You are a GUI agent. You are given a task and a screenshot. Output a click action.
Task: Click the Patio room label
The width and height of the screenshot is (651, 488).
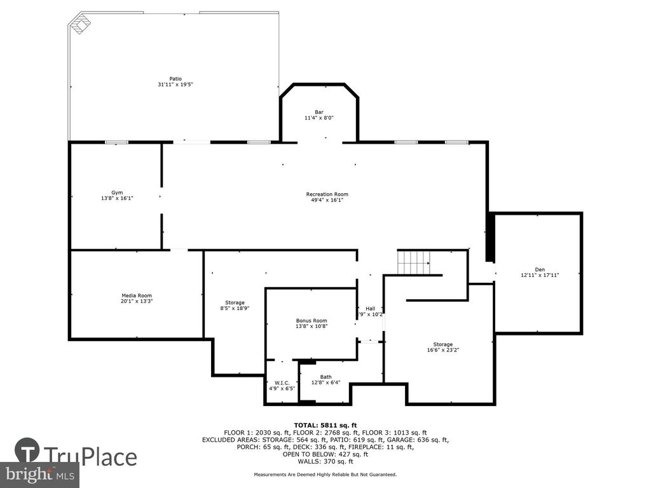pyautogui.click(x=175, y=79)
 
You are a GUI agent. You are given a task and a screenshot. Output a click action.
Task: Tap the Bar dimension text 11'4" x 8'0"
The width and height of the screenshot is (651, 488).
pyautogui.click(x=319, y=118)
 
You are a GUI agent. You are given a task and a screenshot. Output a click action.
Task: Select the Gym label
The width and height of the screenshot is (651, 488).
pyautogui.click(x=117, y=193)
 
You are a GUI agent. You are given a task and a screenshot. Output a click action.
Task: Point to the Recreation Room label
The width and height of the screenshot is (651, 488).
pyautogui.click(x=327, y=194)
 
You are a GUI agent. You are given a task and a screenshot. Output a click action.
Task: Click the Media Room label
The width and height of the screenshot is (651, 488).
pyautogui.click(x=137, y=295)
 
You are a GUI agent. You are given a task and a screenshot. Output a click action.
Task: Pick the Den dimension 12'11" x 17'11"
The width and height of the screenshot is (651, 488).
pyautogui.click(x=540, y=275)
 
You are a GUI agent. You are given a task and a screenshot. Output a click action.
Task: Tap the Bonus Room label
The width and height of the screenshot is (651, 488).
pyautogui.click(x=312, y=320)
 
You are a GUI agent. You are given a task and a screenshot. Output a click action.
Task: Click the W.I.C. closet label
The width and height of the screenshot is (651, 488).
pyautogui.click(x=282, y=383)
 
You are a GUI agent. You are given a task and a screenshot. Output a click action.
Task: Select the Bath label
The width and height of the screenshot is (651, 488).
pyautogui.click(x=326, y=377)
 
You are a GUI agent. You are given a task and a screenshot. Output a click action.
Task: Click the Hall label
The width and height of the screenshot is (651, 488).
pyautogui.click(x=371, y=308)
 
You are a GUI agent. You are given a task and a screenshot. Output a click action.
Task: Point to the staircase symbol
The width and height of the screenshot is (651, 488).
pyautogui.click(x=414, y=262)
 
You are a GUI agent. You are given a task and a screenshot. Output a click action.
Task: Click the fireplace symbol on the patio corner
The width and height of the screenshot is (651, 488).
pyautogui.click(x=79, y=24)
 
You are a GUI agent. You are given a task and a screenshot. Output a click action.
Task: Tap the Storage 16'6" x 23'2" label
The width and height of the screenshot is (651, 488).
pyautogui.click(x=443, y=347)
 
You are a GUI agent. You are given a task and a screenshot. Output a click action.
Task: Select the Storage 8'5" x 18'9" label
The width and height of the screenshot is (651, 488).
pyautogui.click(x=235, y=306)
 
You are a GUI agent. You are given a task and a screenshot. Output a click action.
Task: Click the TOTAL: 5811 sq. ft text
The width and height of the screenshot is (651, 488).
pyautogui.click(x=325, y=425)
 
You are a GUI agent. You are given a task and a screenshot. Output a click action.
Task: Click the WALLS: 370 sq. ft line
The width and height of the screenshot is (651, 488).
pyautogui.click(x=325, y=461)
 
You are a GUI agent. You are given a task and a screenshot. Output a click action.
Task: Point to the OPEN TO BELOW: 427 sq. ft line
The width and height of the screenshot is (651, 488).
pyautogui.click(x=325, y=454)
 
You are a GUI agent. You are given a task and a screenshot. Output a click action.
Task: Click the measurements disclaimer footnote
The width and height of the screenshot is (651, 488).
pyautogui.click(x=325, y=474)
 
